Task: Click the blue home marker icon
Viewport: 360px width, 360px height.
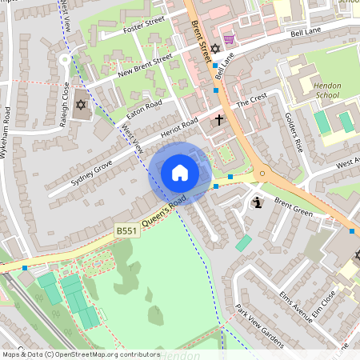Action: pyautogui.click(x=180, y=173)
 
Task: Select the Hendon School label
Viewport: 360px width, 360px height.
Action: pyautogui.click(x=327, y=90)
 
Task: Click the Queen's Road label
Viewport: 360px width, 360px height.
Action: pyautogui.click(x=164, y=210)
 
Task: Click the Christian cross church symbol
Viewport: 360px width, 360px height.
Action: pyautogui.click(x=219, y=120)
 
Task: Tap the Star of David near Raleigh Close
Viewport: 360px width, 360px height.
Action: pyautogui.click(x=80, y=105)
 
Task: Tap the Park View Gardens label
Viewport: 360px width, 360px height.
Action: pyautogui.click(x=259, y=326)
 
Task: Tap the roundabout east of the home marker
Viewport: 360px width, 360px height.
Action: pyautogui.click(x=260, y=173)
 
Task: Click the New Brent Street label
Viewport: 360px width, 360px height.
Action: pyautogui.click(x=145, y=65)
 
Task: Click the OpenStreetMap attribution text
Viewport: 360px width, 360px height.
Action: pyautogui.click(x=80, y=354)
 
